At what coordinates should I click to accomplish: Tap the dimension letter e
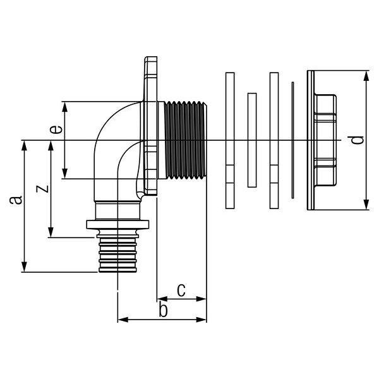pyautogui.click(x=56, y=130)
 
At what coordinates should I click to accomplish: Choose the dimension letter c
pyautogui.click(x=180, y=290)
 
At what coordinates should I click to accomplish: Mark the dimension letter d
pyautogui.click(x=357, y=140)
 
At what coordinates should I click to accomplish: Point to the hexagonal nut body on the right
pyautogui.click(x=325, y=140)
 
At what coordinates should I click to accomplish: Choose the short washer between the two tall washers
pyautogui.click(x=252, y=140)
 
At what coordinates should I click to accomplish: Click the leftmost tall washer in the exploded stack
pyautogui.click(x=230, y=140)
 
